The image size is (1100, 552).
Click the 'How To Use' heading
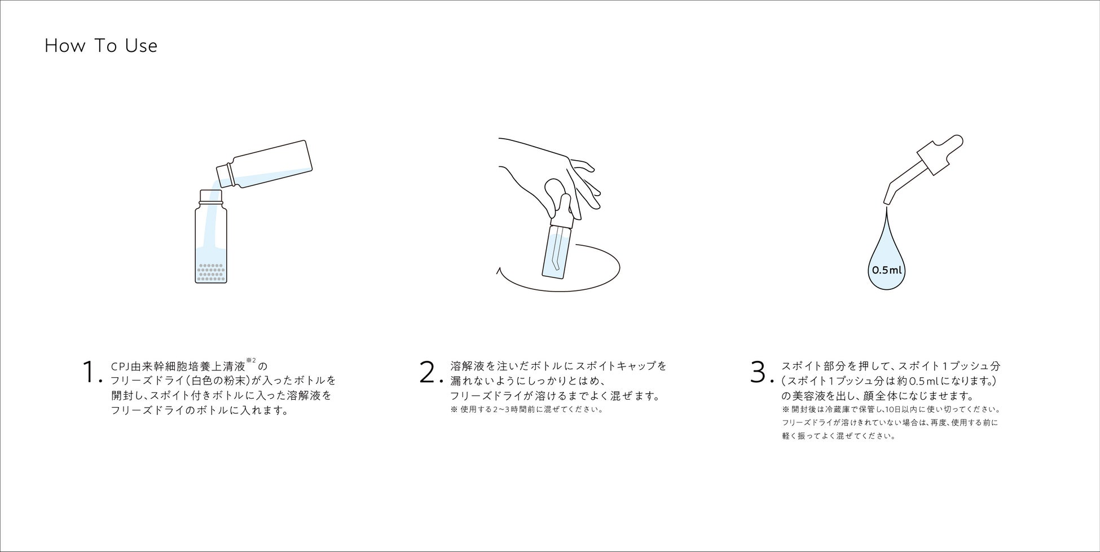coord(101,46)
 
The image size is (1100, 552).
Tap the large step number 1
coord(90,372)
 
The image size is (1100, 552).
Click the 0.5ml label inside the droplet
coord(887,270)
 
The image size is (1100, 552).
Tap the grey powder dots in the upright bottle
coord(211,273)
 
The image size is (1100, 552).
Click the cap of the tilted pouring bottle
coord(225,175)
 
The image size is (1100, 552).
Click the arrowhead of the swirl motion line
coord(498,271)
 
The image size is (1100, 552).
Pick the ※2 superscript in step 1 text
coord(251,360)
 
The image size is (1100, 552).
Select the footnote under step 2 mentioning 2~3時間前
coord(527,409)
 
